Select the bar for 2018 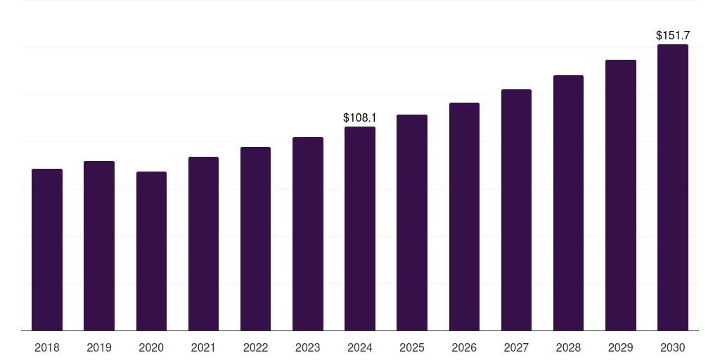(x=47, y=250)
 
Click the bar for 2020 (x=151, y=251)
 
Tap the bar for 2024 (x=360, y=229)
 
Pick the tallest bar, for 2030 (x=673, y=188)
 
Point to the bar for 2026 (x=464, y=217)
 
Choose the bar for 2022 (x=255, y=239)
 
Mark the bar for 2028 (x=568, y=203)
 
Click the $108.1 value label (x=360, y=117)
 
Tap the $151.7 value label (x=673, y=35)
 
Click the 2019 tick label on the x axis (x=99, y=347)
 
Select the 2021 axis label (x=203, y=347)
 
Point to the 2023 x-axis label (x=307, y=347)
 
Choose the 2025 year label (x=412, y=347)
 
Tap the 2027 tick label (x=516, y=347)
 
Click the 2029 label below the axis (x=620, y=347)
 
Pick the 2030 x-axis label (x=673, y=347)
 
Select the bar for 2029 (x=621, y=195)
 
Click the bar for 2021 (x=203, y=244)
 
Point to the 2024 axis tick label (x=360, y=347)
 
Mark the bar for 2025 (x=412, y=223)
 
